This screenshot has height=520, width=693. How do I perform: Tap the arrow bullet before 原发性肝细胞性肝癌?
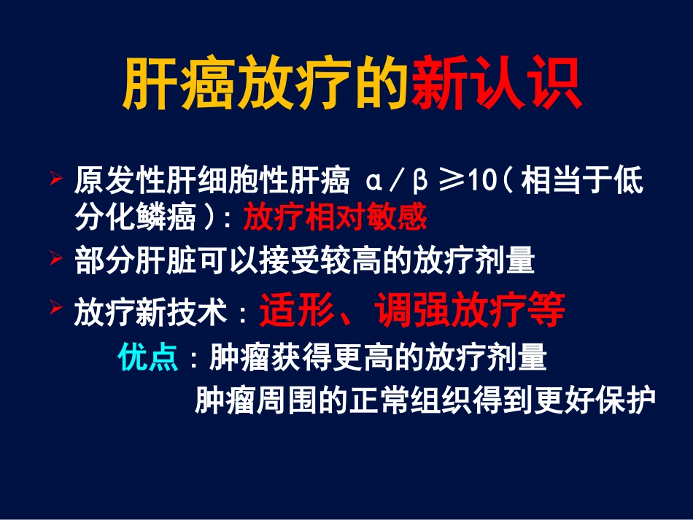point(55,177)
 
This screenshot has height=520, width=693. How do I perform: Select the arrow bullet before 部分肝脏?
point(55,257)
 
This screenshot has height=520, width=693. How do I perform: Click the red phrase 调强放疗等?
point(470,311)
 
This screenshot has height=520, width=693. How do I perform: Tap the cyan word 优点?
point(148,359)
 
